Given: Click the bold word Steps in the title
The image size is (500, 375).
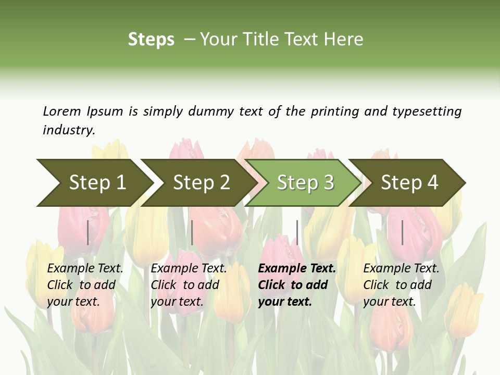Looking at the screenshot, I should click(x=151, y=40).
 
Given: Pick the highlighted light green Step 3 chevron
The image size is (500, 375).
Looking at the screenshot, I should click(x=305, y=183).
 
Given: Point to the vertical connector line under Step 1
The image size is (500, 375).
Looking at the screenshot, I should click(x=88, y=232).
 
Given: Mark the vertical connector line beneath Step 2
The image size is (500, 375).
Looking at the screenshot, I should click(x=192, y=232).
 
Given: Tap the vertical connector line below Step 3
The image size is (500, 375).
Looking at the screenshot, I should click(x=297, y=232).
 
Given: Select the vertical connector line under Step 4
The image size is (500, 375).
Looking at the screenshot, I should click(x=402, y=232).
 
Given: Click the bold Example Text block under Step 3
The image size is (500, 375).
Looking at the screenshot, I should click(x=297, y=285).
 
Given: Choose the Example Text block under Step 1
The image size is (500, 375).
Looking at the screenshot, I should click(x=85, y=285).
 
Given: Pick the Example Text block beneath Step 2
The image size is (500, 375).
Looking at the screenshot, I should click(x=189, y=285).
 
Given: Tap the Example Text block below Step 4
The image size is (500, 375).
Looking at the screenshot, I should click(x=401, y=285).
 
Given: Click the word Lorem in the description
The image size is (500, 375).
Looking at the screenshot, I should click(x=62, y=111).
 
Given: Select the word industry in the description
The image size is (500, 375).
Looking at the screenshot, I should click(x=68, y=130).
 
